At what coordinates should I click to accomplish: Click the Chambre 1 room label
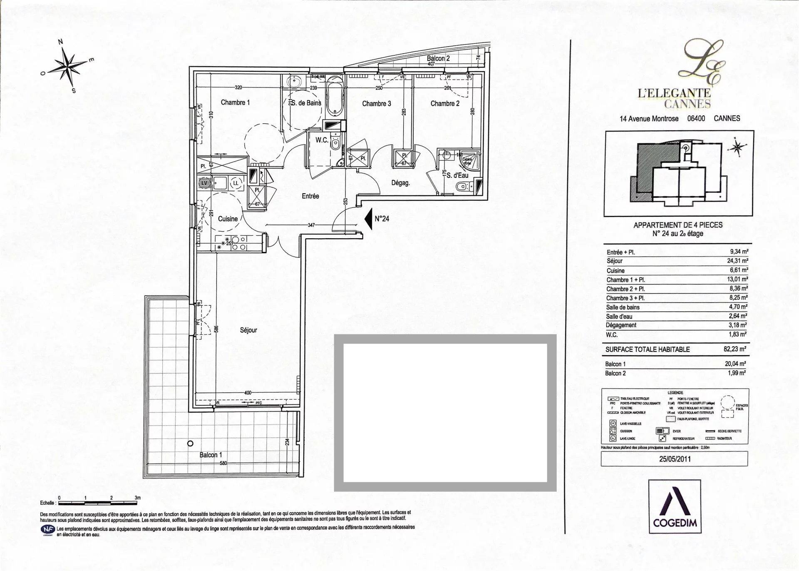235,102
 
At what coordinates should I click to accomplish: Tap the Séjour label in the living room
248,330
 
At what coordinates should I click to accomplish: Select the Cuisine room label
228,219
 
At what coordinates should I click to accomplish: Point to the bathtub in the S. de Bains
334,96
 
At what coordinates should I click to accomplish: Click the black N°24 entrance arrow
367,219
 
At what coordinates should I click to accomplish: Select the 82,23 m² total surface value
735,349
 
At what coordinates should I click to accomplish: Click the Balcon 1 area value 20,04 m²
735,364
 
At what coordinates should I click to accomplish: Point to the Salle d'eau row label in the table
619,317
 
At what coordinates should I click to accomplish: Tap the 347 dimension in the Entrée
311,225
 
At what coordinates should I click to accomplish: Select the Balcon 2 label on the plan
438,59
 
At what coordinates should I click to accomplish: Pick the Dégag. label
400,182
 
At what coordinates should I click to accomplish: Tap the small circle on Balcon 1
190,443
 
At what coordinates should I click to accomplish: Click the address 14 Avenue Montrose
649,119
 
